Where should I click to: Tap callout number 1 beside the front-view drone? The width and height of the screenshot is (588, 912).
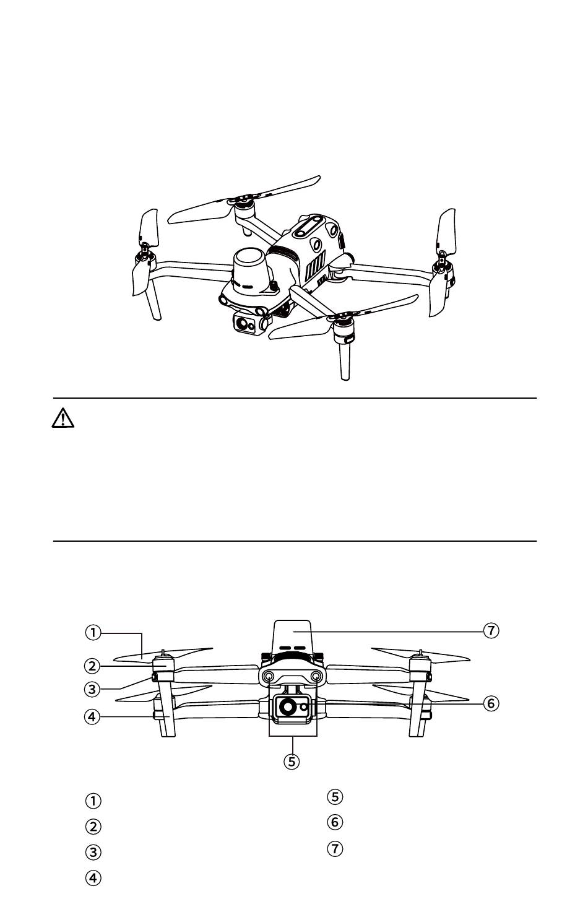click(93, 633)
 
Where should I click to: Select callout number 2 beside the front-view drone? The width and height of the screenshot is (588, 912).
click(92, 666)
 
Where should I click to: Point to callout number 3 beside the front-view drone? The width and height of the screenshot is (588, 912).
click(92, 689)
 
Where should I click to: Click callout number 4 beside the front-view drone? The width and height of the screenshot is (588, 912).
click(92, 717)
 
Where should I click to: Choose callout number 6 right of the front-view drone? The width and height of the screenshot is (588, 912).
click(491, 703)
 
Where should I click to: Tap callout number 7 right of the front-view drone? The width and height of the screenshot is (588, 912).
click(491, 631)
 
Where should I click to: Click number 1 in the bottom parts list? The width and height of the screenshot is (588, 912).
click(93, 801)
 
